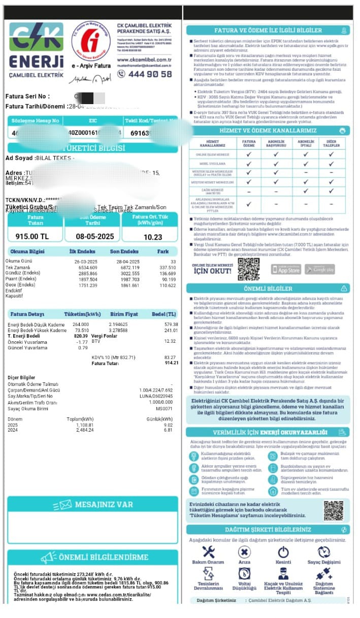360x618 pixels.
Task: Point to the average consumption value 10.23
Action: (152, 237)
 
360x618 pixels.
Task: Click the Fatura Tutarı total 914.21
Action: (170, 363)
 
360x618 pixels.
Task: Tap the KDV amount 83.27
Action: (170, 357)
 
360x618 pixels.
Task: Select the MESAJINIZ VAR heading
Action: (103, 504)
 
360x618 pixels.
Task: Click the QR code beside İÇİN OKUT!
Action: (249, 269)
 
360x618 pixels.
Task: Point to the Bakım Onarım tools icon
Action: (208, 552)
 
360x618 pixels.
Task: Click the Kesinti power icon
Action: (283, 552)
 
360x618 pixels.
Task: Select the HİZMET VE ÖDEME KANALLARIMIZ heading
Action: (267, 131)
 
